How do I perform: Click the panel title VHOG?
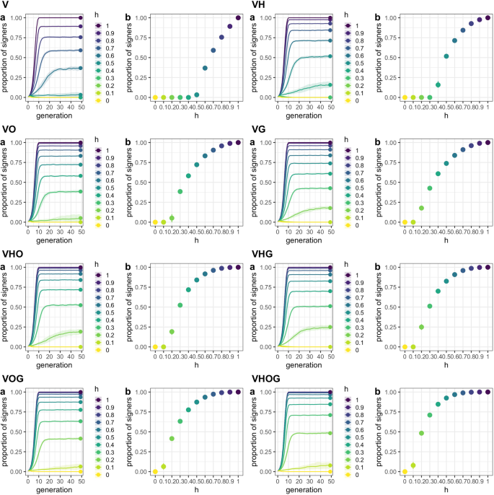267,378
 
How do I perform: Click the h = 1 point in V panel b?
238,18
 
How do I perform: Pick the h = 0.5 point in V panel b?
196,94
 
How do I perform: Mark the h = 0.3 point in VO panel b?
180,191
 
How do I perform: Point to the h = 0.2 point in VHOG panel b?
421,433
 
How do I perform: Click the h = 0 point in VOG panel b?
155,472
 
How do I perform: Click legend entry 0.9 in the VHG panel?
350,283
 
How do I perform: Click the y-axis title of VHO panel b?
132,307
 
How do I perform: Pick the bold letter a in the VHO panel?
4,267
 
